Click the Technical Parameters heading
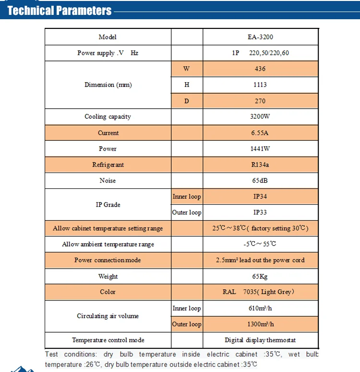(x=60, y=10)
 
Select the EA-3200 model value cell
(x=260, y=37)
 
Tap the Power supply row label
(x=108, y=53)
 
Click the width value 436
(x=260, y=69)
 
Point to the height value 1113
(x=260, y=85)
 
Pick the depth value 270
(x=260, y=101)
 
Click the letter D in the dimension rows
(x=187, y=101)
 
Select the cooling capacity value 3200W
(x=260, y=117)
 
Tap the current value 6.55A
(x=260, y=133)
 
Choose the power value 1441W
(x=260, y=149)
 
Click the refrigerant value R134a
(x=260, y=165)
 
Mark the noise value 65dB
(x=260, y=181)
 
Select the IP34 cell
(x=260, y=197)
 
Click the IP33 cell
(x=260, y=212)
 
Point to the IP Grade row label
(x=108, y=204)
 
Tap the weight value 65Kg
(x=260, y=276)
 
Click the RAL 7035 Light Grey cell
(x=260, y=292)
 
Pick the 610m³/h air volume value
(x=260, y=308)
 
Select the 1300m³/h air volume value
(x=260, y=324)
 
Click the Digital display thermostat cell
(x=260, y=340)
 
